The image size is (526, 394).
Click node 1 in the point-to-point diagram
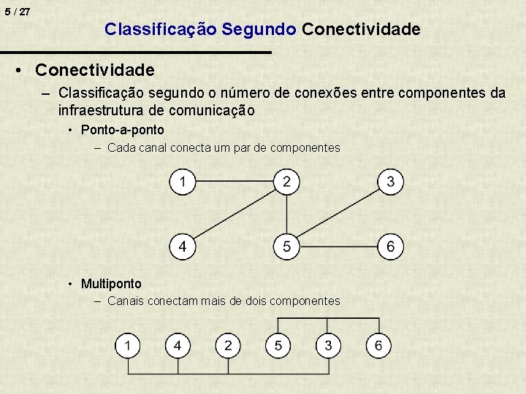pyautogui.click(x=183, y=182)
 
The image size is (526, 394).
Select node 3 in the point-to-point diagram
pyautogui.click(x=391, y=182)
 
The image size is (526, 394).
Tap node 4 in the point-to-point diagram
pyautogui.click(x=183, y=247)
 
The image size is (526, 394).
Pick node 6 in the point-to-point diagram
pyautogui.click(x=391, y=247)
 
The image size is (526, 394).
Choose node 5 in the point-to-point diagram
pyautogui.click(x=286, y=247)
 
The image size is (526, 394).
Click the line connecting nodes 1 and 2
pyautogui.click(x=234, y=179)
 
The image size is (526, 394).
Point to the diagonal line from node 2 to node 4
pyautogui.click(x=235, y=215)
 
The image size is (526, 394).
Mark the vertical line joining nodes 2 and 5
pyautogui.click(x=286, y=215)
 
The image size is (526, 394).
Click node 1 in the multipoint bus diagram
pyautogui.click(x=128, y=345)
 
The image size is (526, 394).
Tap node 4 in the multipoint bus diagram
pyautogui.click(x=178, y=345)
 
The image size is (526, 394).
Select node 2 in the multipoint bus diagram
pyautogui.click(x=228, y=345)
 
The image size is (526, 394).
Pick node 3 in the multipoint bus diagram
pyautogui.click(x=328, y=345)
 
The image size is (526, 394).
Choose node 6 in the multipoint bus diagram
pyautogui.click(x=378, y=345)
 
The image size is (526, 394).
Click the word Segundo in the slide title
pyautogui.click(x=259, y=29)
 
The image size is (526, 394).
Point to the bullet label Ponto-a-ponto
pyautogui.click(x=122, y=130)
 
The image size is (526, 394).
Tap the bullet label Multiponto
pyautogui.click(x=111, y=283)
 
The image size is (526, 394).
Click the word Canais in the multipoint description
pyautogui.click(x=125, y=301)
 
